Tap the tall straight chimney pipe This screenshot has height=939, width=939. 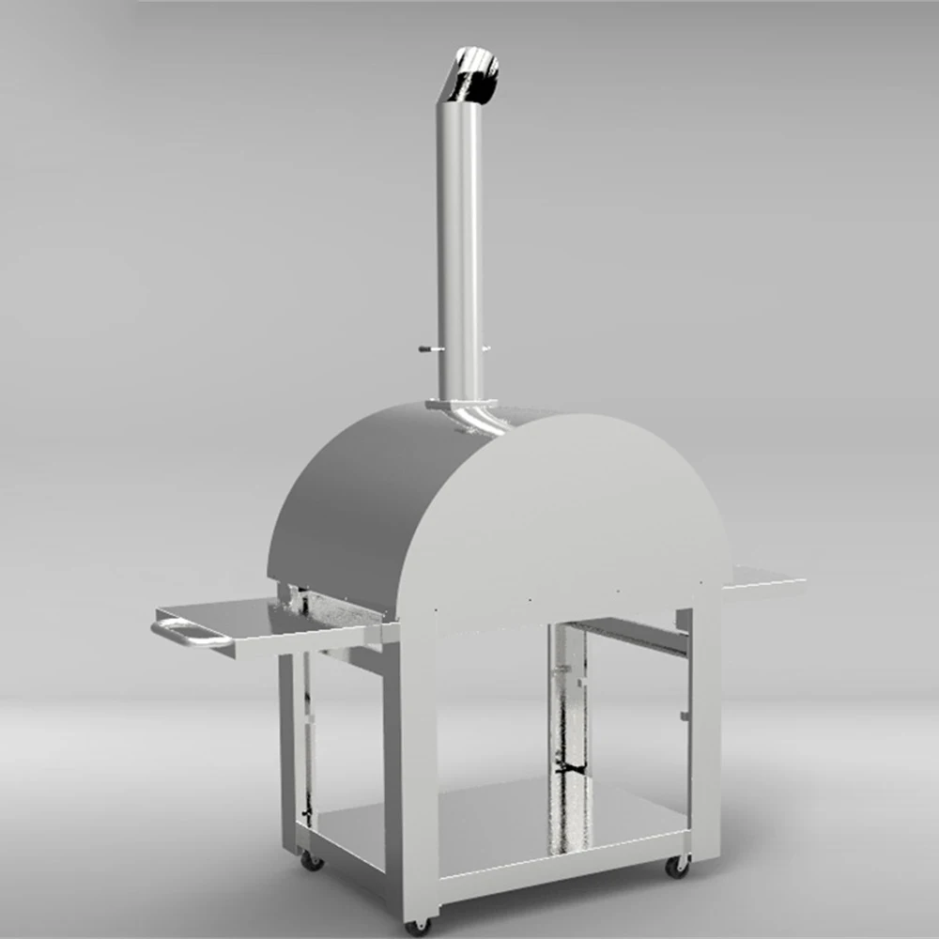460,244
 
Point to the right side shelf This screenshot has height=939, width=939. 765,582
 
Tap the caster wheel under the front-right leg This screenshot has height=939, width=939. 676,866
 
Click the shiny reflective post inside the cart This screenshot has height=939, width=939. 570,714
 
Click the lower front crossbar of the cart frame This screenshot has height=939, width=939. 563,878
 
